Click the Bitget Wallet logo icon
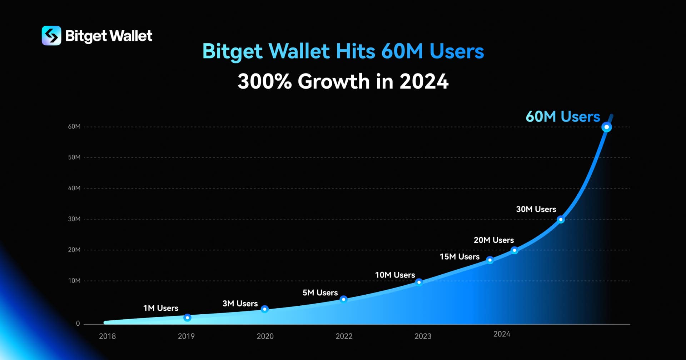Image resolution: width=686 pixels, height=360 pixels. tap(51, 36)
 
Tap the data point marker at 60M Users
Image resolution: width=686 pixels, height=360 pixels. tap(606, 127)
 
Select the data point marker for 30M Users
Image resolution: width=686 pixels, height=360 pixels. tap(561, 219)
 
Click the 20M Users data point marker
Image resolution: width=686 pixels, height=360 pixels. tap(514, 250)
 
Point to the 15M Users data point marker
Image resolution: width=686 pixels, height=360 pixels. tap(490, 260)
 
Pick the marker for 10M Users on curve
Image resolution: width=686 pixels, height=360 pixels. tap(419, 282)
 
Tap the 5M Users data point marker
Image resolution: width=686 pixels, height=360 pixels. tap(343, 299)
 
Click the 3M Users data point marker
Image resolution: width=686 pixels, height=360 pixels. tap(265, 309)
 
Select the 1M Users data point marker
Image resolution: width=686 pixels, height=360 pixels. tap(187, 317)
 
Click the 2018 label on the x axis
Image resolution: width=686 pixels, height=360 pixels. tap(107, 336)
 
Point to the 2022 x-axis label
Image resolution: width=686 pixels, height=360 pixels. tap(344, 336)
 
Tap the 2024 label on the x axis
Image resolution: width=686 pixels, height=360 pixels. tap(502, 334)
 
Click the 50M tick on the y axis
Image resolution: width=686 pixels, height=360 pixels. tap(74, 157)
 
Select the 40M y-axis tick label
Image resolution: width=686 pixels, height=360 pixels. tap(74, 188)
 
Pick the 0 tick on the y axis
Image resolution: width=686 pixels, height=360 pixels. tap(78, 324)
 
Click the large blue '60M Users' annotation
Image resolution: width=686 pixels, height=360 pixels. tap(563, 117)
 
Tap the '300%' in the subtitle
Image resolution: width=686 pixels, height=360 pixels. tap(264, 81)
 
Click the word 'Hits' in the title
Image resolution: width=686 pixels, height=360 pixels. tap(355, 51)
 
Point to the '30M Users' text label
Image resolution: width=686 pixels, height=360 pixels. tap(536, 209)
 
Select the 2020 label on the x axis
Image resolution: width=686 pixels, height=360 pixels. tap(265, 336)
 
